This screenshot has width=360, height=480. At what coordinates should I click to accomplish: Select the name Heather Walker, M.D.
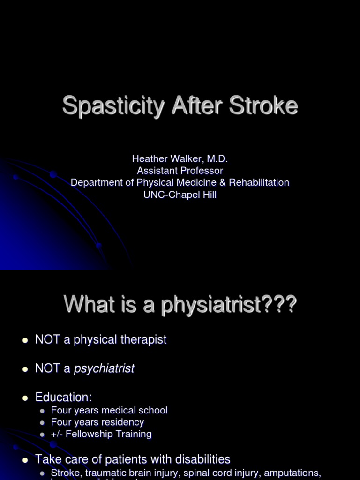(180, 159)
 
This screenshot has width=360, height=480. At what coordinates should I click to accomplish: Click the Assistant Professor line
(180, 171)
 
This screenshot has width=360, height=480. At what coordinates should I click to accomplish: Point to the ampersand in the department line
(222, 182)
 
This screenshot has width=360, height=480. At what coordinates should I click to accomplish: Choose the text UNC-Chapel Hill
(180, 195)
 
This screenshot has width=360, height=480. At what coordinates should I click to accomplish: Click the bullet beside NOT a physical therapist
(26, 340)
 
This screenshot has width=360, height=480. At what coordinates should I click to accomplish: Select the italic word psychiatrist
(104, 368)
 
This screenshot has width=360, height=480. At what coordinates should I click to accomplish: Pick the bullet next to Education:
(26, 398)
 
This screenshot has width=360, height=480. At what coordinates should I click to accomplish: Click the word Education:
(63, 397)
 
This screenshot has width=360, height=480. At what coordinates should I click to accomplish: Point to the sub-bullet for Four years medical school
(43, 411)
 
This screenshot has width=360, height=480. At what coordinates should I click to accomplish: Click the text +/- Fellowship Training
(101, 434)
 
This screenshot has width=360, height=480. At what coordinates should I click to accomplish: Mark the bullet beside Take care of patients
(26, 460)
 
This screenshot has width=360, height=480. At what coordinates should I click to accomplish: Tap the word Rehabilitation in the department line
(259, 182)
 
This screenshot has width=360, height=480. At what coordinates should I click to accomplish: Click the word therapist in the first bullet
(143, 339)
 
